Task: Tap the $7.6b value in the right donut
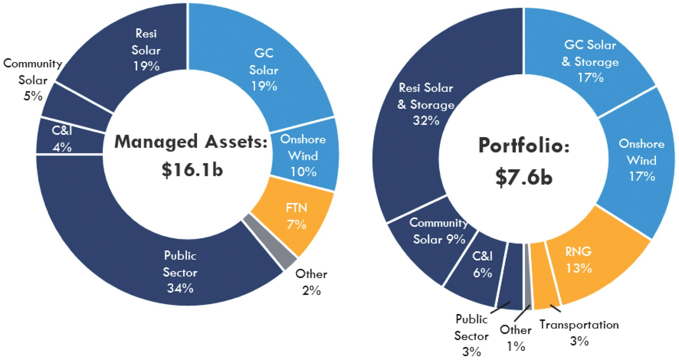click(x=524, y=177)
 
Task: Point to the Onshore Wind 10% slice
click(x=303, y=155)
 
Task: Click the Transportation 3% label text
click(x=579, y=332)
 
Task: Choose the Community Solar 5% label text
click(x=33, y=80)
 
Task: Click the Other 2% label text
click(x=311, y=282)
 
